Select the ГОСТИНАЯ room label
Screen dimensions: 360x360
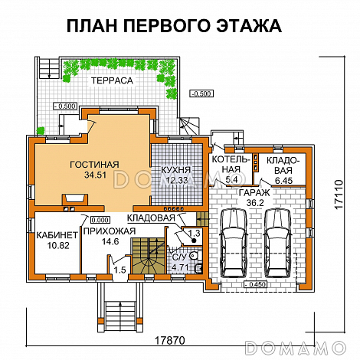(93, 164)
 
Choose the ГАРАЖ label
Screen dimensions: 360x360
(252, 193)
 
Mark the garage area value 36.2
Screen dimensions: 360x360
(252, 204)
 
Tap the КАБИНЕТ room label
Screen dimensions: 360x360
(56, 234)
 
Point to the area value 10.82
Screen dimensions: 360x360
(56, 246)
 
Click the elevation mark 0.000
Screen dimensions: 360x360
(100, 219)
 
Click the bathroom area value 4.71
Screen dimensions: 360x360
(179, 267)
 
